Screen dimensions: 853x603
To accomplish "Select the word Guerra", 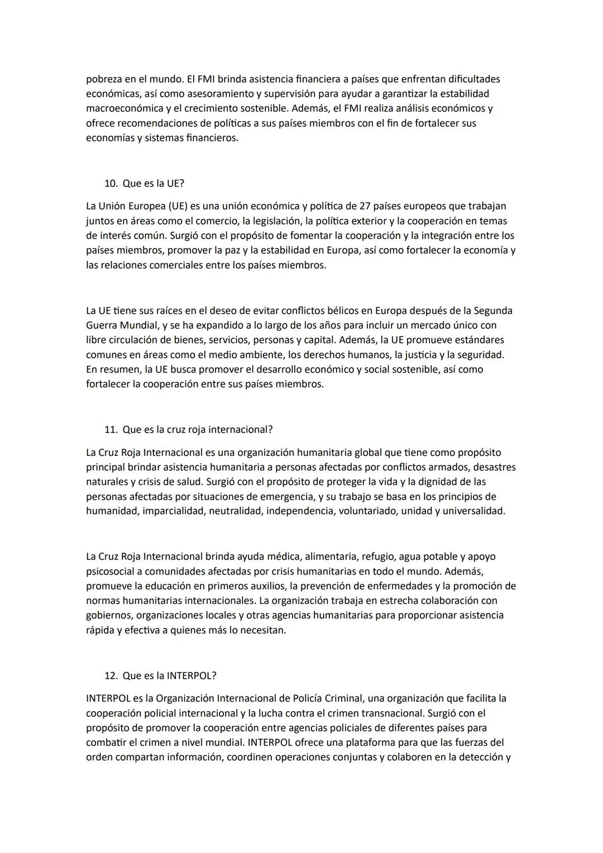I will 102,325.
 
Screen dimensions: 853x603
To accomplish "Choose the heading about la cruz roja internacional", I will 197,430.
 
